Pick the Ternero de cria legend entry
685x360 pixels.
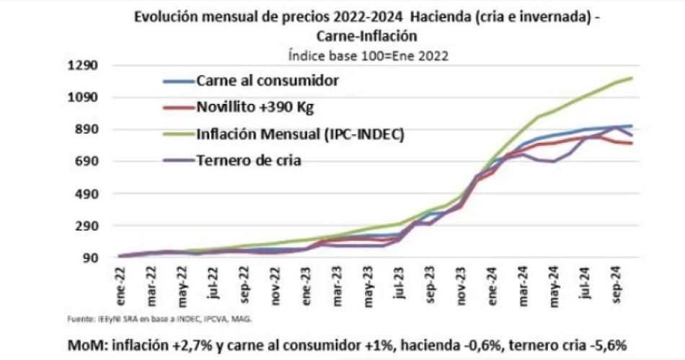(x=248, y=160)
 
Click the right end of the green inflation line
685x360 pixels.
(x=632, y=78)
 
